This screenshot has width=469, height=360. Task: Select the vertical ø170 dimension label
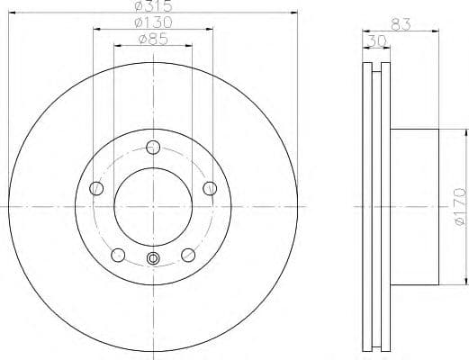pos(458,206)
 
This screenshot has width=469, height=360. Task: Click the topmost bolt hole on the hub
pos(154,148)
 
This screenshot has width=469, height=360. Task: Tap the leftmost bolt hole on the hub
pos(97,188)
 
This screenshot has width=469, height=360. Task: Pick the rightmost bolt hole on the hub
pos(210,187)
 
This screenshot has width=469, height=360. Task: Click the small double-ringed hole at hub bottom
pos(154,260)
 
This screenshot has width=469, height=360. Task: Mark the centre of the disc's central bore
pos(154,206)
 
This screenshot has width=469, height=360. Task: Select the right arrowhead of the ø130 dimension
pos(212,29)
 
